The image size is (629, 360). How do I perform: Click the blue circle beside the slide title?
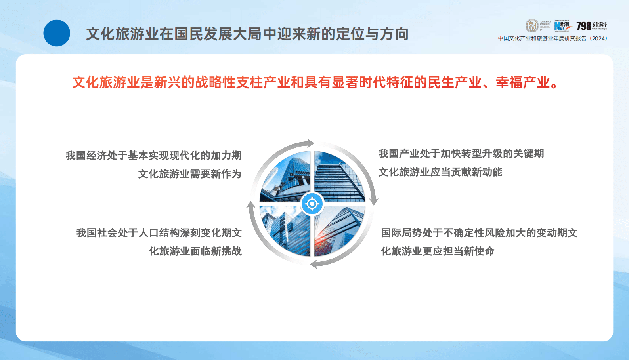point(57,33)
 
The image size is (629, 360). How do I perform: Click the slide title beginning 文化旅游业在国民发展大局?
point(247,34)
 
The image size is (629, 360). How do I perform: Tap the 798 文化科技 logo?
point(591,26)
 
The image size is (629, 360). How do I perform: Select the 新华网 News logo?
point(562,26)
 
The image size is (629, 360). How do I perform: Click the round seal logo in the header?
point(532,26)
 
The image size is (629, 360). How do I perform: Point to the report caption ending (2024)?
point(553,38)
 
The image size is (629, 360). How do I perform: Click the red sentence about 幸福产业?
point(315,82)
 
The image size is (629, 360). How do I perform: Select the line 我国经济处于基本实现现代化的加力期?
point(153,155)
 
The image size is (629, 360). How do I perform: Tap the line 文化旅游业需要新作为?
point(189,174)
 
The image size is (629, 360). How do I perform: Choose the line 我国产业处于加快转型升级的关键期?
point(461,153)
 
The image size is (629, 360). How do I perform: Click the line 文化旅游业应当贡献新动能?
point(440,172)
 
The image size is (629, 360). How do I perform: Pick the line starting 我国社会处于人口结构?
point(159,232)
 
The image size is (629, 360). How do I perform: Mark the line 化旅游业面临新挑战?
point(195,251)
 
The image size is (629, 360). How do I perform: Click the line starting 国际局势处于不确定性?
point(479,232)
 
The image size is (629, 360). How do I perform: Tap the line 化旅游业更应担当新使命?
point(438,251)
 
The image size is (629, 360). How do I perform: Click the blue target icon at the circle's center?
point(312,204)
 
